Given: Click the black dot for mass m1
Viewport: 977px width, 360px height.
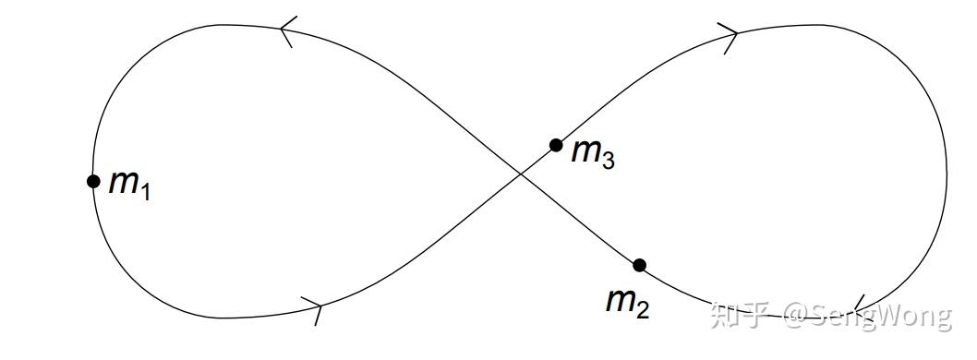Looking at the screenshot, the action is pos(93,181).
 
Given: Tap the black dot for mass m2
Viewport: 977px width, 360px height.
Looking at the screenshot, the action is pos(639,265).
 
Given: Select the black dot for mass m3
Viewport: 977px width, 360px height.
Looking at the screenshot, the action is pos(556,145).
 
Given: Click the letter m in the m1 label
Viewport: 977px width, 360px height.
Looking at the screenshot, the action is pos(123,182).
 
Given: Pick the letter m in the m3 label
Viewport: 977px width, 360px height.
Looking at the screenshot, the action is pos(585,150).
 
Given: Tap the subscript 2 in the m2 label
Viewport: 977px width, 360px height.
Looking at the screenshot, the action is pos(642,309).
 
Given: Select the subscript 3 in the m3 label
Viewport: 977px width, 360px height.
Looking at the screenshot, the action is pos(608,160).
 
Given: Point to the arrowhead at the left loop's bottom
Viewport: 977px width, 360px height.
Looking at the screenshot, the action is pos(314,307).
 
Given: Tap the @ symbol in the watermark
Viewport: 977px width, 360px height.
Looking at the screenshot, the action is pos(796,316).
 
